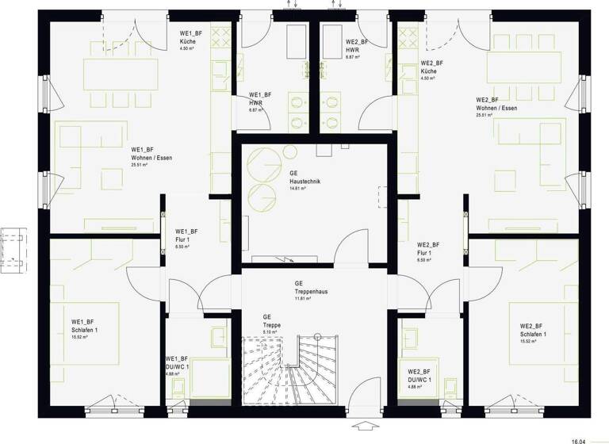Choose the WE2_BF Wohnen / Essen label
[496, 107]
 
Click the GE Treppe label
[272, 324]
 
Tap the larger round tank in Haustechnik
[261, 166]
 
